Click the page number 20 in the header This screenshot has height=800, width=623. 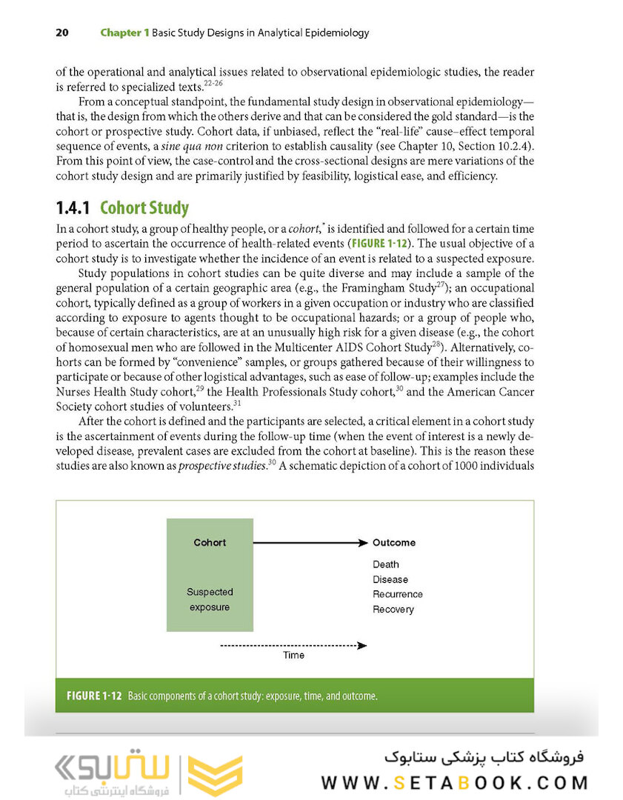coord(62,33)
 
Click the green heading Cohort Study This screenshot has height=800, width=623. coord(144,208)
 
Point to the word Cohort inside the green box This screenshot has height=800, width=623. coord(210,543)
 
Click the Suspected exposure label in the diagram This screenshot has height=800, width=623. coord(210,600)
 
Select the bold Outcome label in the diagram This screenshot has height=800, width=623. coord(394,543)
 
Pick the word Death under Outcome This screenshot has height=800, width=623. coord(386,564)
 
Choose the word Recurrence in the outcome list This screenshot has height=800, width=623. coord(398,594)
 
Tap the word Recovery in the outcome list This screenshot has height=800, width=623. coord(393,610)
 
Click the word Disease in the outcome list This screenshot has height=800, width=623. coord(390,579)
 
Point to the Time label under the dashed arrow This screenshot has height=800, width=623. coord(293,656)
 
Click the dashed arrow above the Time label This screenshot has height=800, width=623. coord(293,645)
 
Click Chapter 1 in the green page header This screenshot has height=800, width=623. coord(124,33)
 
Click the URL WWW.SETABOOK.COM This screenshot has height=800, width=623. coord(454,783)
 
